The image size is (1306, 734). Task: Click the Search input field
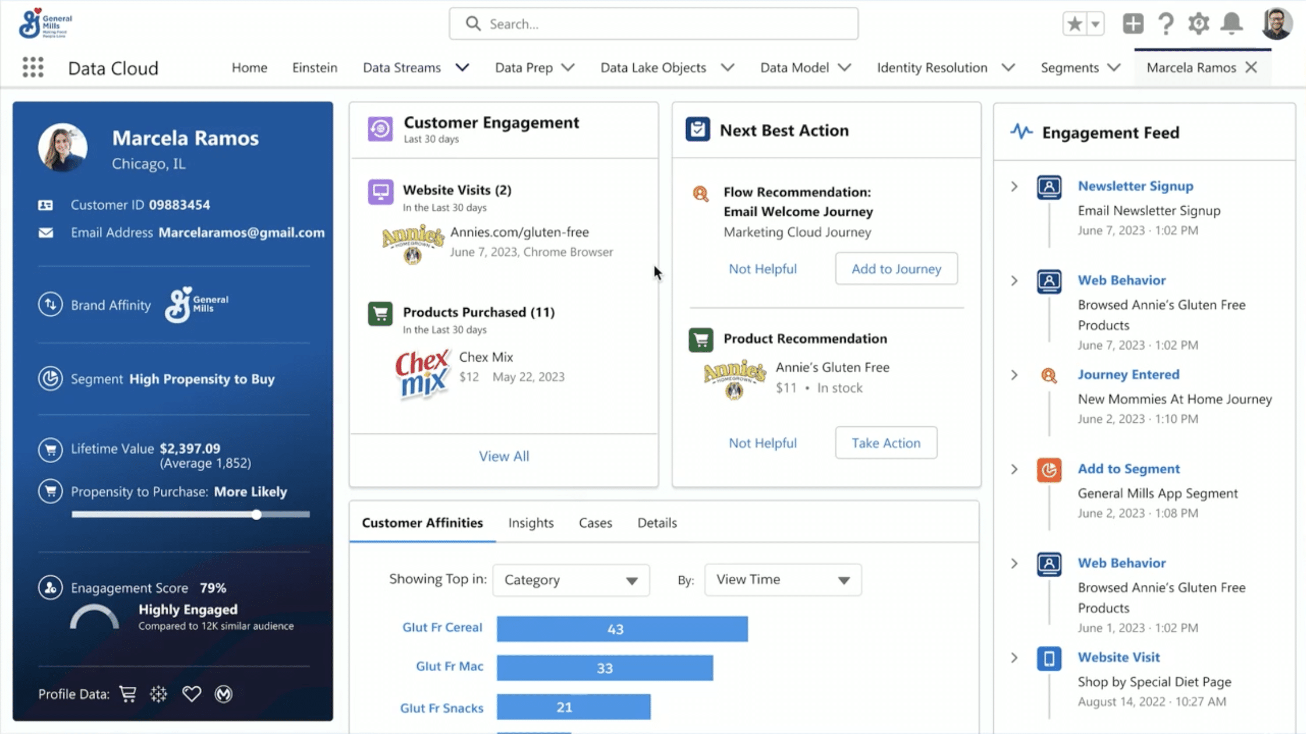[653, 24]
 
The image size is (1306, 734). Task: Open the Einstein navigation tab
[315, 68]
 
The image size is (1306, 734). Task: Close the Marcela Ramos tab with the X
[1251, 68]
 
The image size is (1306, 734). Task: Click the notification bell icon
[1231, 23]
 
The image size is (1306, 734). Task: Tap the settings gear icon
[1198, 24]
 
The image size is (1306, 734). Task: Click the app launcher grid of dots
[33, 68]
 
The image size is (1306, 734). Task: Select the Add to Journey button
[896, 269]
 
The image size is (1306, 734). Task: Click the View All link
[504, 456]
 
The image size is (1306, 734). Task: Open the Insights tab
[531, 523]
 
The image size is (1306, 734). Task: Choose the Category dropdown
[571, 580]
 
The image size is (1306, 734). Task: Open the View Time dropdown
[783, 580]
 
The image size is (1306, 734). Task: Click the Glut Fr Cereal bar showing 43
[622, 629]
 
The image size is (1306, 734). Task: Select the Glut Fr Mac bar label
[449, 666]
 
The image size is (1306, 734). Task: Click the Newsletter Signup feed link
[1135, 186]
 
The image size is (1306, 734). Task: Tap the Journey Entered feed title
[1128, 375]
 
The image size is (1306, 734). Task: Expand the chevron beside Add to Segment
[1014, 470]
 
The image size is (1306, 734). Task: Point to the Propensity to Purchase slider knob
[256, 514]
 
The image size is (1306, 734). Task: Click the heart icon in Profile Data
[191, 694]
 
